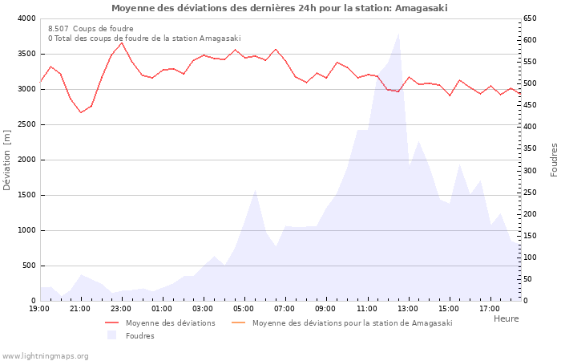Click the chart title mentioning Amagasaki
pyautogui.click(x=280, y=8)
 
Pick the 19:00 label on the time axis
pyautogui.click(x=39, y=308)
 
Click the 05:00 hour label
pyautogui.click(x=244, y=308)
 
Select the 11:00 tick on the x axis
pyautogui.click(x=366, y=308)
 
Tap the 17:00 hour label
pyautogui.click(x=489, y=308)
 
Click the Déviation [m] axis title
pyautogui.click(x=7, y=160)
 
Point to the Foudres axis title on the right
pyautogui.click(x=554, y=160)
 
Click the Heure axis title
pyautogui.click(x=506, y=318)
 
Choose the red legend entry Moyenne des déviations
pyautogui.click(x=170, y=323)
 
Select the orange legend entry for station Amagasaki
pyautogui.click(x=352, y=323)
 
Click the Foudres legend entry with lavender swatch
pyautogui.click(x=139, y=335)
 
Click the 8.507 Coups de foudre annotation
pyautogui.click(x=91, y=29)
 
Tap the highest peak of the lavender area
pyautogui.click(x=398, y=34)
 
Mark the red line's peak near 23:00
pyautogui.click(x=121, y=43)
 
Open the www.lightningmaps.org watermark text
pyautogui.click(x=46, y=355)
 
